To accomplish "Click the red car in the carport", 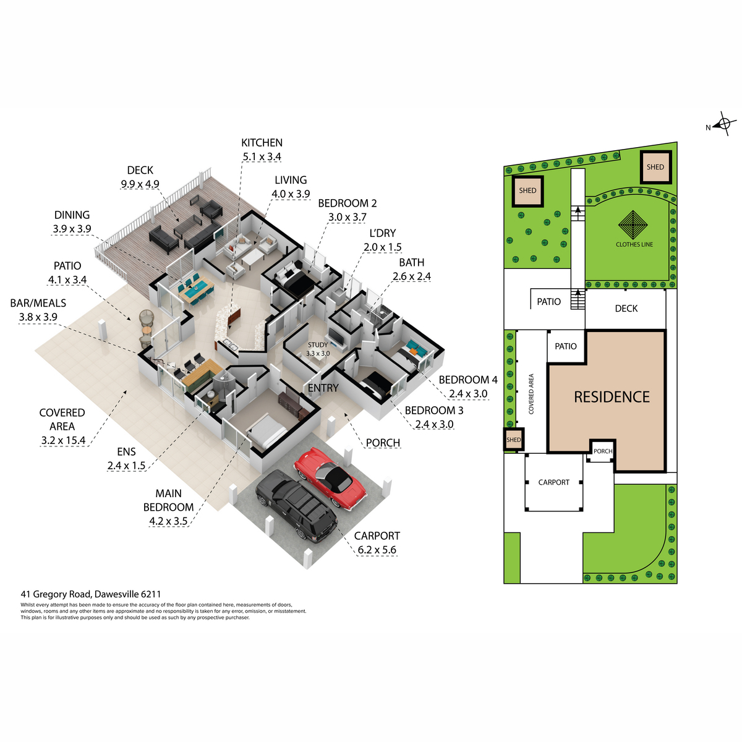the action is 330,478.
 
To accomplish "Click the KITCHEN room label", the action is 262,143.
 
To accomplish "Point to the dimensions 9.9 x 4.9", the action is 140,184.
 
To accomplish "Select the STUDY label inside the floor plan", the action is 318,344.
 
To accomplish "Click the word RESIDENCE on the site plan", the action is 612,397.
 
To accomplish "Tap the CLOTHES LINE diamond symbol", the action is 633,225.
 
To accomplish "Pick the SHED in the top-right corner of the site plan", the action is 656,167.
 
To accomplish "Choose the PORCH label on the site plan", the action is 603,451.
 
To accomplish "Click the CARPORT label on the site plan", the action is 553,482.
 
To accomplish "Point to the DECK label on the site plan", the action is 626,309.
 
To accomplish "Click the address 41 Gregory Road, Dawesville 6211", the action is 91,594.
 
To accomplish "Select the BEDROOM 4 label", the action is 468,380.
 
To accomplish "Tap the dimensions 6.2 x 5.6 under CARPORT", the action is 377,550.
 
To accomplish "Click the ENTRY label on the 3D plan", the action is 323,388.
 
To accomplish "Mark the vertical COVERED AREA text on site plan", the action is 531,393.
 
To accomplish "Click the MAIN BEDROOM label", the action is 169,500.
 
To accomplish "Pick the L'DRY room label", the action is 383,233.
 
